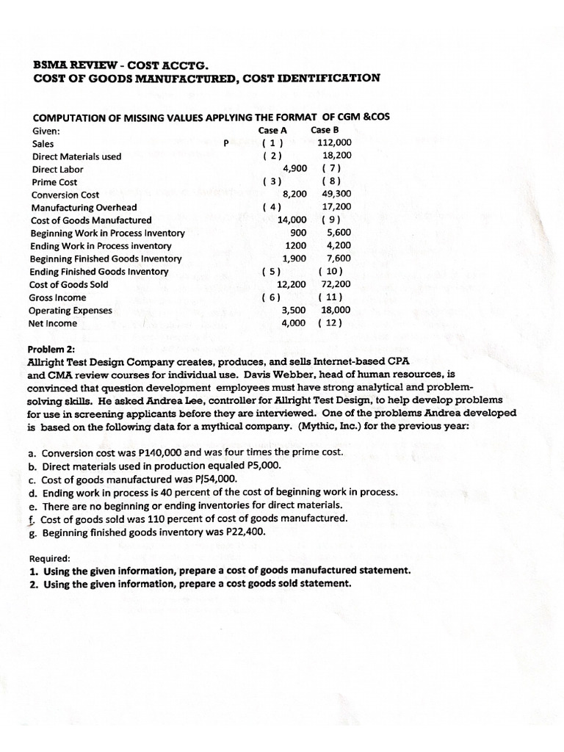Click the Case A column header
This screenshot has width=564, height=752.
272,130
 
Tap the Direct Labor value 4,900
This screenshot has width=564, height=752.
294,168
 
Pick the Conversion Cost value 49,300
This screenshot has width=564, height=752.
336,195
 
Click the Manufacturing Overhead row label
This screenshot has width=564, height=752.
84,208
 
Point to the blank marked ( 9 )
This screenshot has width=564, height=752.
331,220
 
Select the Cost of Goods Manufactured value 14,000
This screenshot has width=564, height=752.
292,220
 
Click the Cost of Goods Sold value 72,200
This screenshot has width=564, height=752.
336,284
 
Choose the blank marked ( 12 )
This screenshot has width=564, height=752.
331,323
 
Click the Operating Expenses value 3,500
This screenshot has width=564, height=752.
294,310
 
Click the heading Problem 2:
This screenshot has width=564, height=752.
51,349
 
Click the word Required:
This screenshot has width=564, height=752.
51,557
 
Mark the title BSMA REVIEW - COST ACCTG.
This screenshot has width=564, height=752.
115,65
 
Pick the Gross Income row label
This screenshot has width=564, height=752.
58,297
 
